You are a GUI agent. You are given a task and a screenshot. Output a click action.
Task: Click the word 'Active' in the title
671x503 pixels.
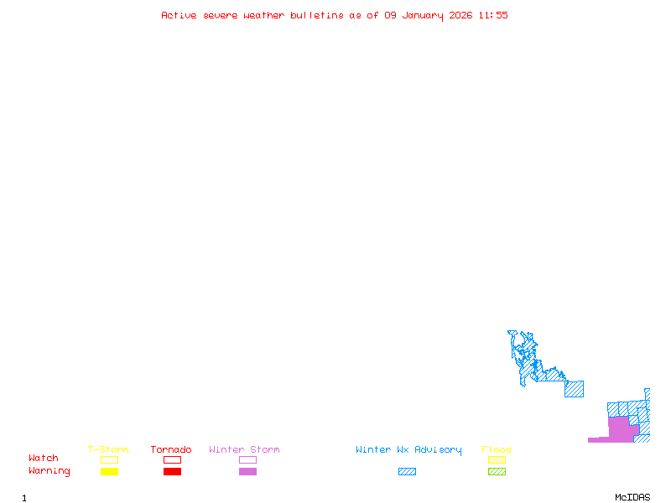tap(179, 15)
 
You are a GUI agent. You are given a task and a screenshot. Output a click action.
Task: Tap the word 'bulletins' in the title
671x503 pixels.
tap(317, 15)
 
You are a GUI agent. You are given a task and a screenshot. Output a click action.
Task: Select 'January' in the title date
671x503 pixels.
tap(422, 15)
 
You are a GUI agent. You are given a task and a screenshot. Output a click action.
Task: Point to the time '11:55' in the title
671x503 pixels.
tap(493, 15)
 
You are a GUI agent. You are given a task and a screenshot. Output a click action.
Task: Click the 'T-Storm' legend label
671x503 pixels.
tap(108, 450)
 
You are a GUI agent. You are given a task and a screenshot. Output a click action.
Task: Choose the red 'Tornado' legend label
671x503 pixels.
tap(171, 450)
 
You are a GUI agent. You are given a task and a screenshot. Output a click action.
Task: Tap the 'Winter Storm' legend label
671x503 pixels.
tap(244, 450)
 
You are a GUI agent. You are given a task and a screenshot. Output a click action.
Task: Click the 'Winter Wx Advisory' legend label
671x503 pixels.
tap(408, 450)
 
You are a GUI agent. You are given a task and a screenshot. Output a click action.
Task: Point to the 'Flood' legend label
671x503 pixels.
tap(497, 450)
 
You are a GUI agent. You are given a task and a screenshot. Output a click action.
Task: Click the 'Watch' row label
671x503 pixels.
tap(44, 459)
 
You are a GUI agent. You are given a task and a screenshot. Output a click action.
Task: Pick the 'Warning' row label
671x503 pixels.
tap(49, 471)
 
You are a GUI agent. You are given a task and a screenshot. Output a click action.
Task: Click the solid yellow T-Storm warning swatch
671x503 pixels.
tap(109, 472)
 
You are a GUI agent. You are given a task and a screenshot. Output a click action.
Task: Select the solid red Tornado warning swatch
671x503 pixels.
tap(172, 472)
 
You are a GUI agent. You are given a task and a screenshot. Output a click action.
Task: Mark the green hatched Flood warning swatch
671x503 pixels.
tap(497, 472)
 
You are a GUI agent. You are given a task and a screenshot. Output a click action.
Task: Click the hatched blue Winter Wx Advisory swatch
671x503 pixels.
tap(407, 472)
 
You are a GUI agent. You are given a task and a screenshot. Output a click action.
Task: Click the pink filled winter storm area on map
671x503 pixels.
tap(619, 428)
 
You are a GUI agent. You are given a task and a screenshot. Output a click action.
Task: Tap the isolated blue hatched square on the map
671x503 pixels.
tap(574, 389)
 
